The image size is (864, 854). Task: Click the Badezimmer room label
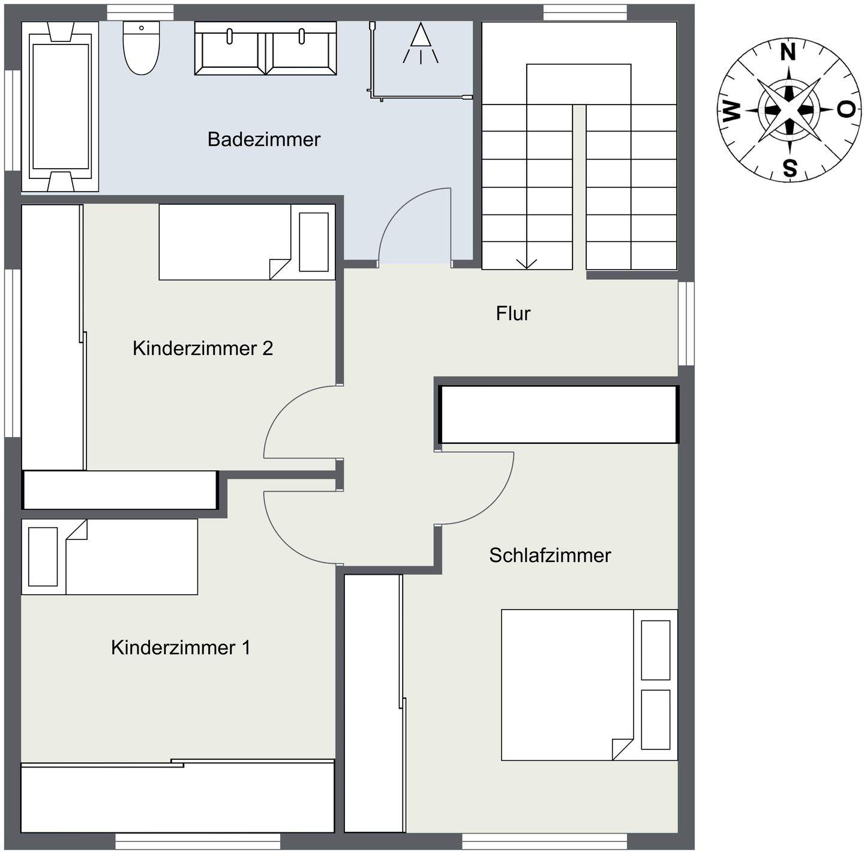point(263,139)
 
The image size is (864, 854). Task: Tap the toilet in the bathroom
point(142,48)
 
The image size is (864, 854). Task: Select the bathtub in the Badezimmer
point(60,107)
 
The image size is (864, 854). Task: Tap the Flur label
point(513,313)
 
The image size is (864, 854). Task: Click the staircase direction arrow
point(527,262)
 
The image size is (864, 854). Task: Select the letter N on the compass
point(788,53)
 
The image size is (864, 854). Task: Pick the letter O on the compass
point(845,110)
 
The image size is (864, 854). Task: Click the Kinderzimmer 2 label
point(203,348)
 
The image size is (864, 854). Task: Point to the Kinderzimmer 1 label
point(180,647)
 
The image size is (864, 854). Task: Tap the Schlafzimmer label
point(550,555)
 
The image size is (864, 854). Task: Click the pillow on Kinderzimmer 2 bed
point(314,242)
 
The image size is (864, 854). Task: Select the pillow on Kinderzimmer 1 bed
point(43,557)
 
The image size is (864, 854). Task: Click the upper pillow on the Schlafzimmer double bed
point(655,650)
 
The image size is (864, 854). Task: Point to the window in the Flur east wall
point(686,323)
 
